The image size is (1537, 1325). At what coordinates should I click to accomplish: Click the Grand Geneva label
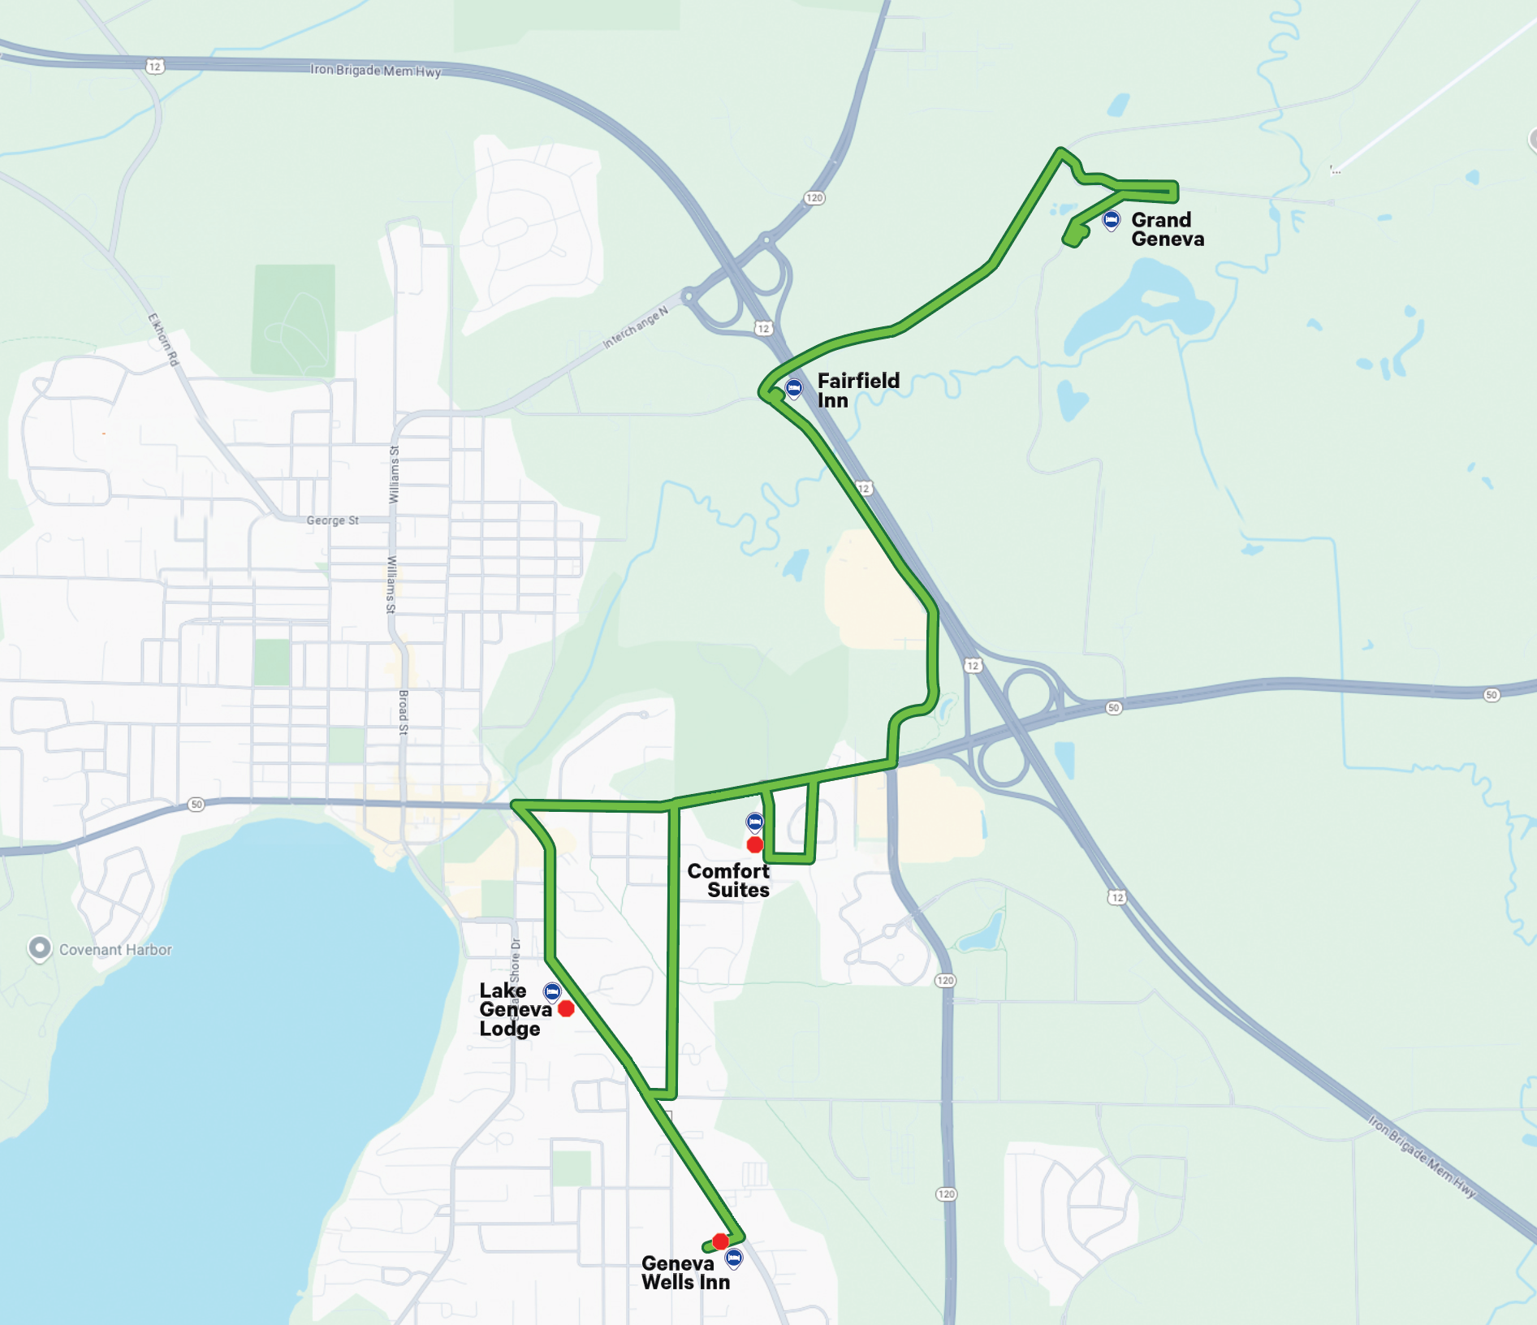click(1167, 230)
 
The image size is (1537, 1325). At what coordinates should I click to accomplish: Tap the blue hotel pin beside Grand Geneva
click(1111, 219)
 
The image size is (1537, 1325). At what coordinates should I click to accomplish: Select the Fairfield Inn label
click(857, 391)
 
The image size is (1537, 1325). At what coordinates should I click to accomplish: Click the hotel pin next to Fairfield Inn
click(794, 388)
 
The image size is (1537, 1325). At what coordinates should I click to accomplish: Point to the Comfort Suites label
click(728, 881)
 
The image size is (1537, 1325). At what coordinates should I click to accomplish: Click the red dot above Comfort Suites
click(755, 845)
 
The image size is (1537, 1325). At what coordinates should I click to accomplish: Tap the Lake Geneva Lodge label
click(512, 1009)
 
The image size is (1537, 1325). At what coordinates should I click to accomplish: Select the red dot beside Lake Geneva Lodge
click(567, 1008)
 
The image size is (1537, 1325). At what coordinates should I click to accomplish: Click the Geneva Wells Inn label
click(685, 1272)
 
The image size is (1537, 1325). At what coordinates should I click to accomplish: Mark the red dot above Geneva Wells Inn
click(720, 1241)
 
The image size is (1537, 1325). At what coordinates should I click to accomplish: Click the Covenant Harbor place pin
click(39, 947)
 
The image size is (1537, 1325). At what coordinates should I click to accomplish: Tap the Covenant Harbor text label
click(115, 950)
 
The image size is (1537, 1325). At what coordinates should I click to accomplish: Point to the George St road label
click(332, 520)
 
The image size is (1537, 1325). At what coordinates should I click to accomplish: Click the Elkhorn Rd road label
click(163, 339)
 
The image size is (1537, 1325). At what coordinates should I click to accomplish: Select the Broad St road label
click(403, 713)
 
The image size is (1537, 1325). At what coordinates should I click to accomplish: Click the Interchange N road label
click(635, 327)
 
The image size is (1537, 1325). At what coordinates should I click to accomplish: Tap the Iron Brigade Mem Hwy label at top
click(375, 71)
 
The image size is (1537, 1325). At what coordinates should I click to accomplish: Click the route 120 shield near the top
click(814, 198)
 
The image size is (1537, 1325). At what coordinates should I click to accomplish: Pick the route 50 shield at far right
click(1491, 695)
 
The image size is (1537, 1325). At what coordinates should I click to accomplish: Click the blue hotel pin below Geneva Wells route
click(734, 1258)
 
